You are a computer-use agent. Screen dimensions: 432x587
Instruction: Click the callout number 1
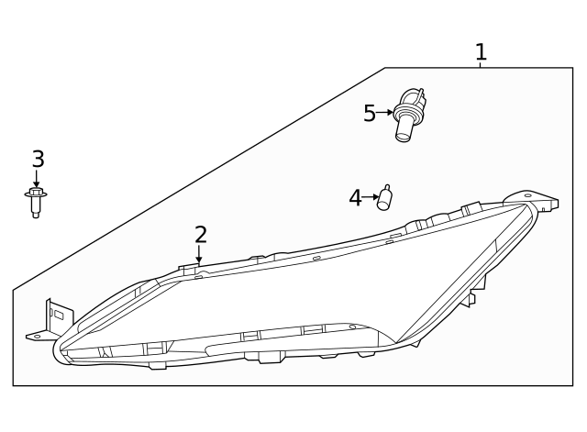(x=480, y=51)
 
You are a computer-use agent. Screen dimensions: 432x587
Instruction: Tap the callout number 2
(x=200, y=235)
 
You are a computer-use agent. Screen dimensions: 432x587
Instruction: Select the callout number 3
(x=38, y=160)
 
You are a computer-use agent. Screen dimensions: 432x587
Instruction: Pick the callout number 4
(x=355, y=197)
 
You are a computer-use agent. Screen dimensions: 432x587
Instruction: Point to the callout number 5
(x=370, y=114)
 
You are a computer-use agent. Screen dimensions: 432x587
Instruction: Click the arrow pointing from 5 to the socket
(x=385, y=114)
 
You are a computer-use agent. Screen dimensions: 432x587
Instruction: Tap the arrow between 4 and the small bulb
(x=370, y=197)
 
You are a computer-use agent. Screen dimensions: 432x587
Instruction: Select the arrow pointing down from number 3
(x=37, y=179)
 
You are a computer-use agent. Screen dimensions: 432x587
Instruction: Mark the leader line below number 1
(x=480, y=64)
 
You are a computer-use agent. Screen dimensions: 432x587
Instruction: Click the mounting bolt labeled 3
(x=36, y=201)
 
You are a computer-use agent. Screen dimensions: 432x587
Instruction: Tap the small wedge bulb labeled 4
(x=385, y=197)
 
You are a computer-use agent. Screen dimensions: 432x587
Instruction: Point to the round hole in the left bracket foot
(x=37, y=337)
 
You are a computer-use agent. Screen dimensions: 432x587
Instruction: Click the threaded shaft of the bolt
(x=36, y=210)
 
